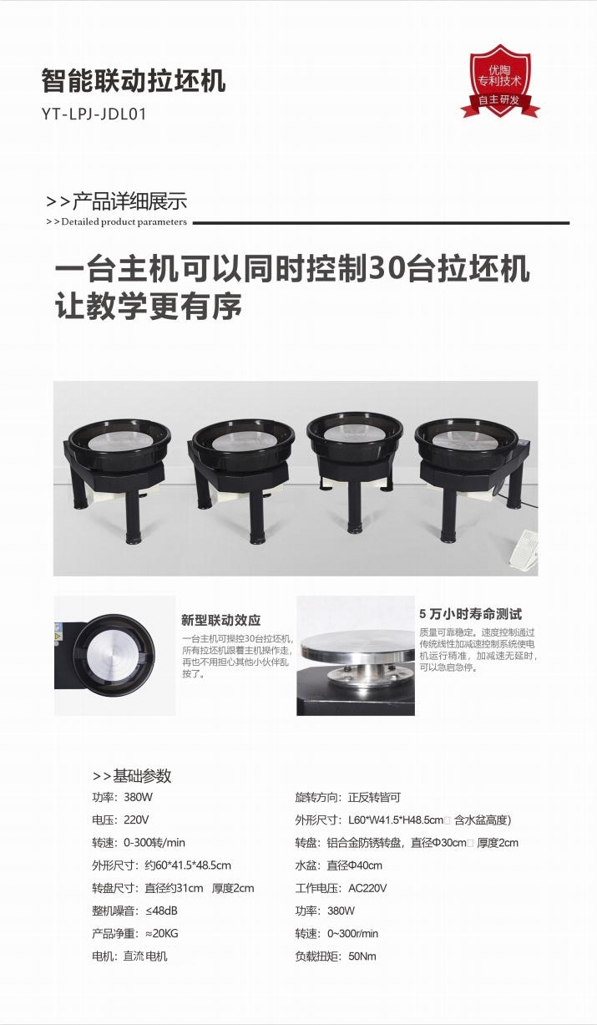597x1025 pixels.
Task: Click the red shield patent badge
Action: click(x=500, y=82)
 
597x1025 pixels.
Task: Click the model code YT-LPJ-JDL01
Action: click(x=94, y=114)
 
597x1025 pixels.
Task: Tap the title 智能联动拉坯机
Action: click(x=134, y=81)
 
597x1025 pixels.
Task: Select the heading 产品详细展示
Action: click(x=130, y=202)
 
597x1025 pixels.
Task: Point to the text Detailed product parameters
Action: click(x=124, y=222)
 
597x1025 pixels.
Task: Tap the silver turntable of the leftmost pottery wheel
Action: click(x=119, y=441)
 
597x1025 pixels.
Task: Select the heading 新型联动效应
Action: click(x=221, y=620)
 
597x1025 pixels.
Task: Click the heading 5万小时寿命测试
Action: click(x=470, y=614)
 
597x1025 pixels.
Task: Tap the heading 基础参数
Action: click(x=142, y=775)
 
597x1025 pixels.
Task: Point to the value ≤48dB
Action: click(x=161, y=911)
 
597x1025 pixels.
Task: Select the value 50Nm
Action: click(x=362, y=956)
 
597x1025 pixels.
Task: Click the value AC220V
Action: click(x=367, y=888)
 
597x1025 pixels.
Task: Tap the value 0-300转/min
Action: click(x=154, y=842)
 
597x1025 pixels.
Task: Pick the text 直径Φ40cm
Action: click(x=354, y=865)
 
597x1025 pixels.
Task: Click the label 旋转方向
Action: click(x=316, y=798)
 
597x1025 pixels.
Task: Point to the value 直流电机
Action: click(x=145, y=956)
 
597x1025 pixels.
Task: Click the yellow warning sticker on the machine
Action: click(x=57, y=637)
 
